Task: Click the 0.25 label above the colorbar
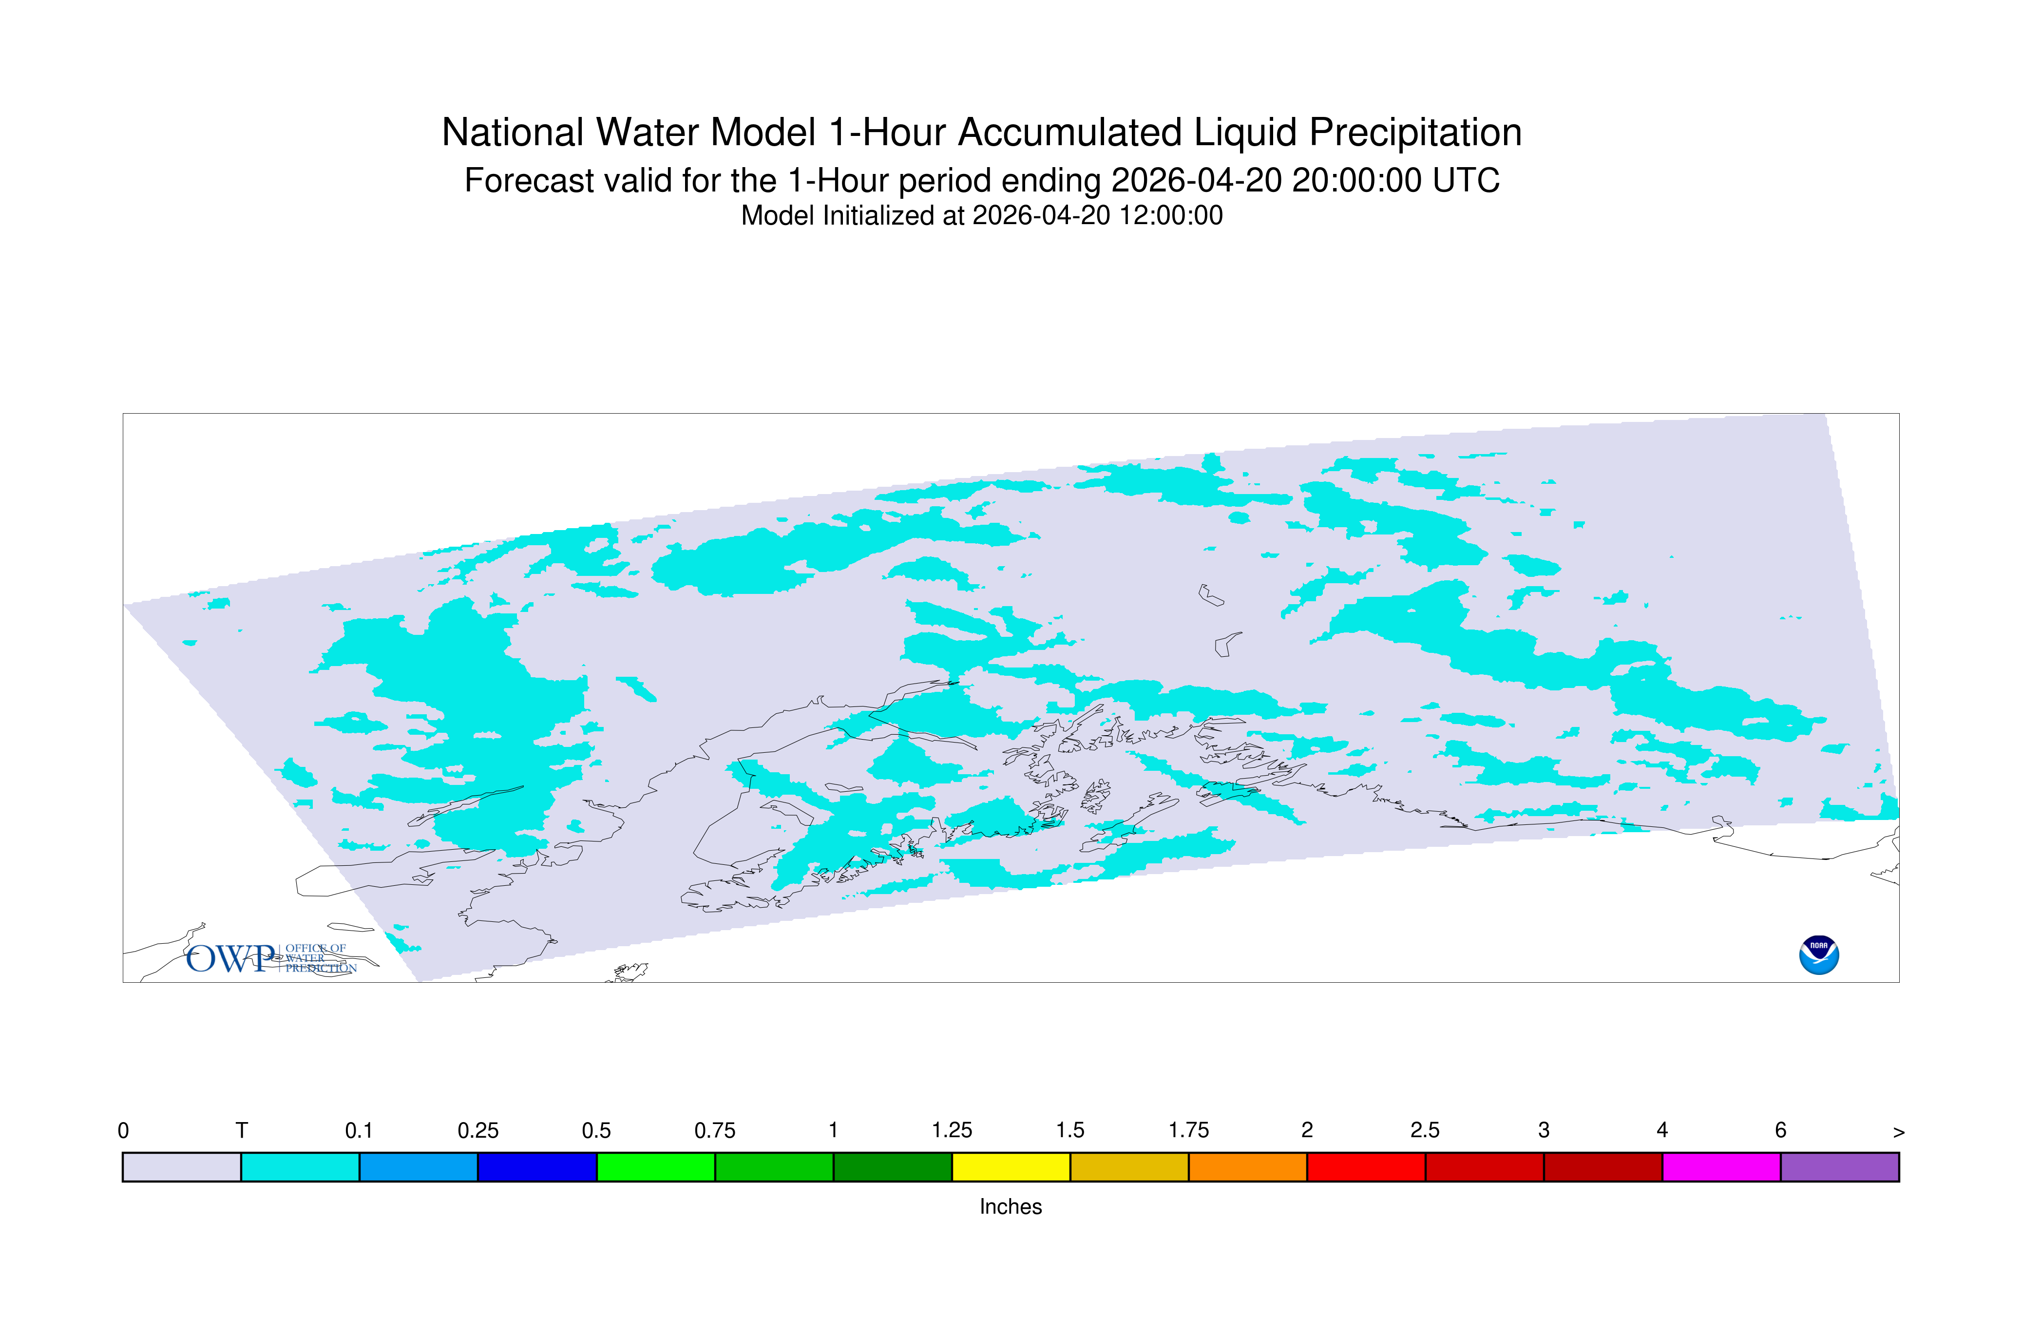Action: pos(477,1131)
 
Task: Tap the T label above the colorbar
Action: pos(242,1131)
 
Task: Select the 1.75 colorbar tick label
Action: pos(1188,1131)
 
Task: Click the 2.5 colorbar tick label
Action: pos(1425,1131)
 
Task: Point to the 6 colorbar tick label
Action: pos(1780,1131)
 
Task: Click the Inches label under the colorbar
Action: pos(1011,1206)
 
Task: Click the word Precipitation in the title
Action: pos(1415,133)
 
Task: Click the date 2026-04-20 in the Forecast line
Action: pos(1196,180)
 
